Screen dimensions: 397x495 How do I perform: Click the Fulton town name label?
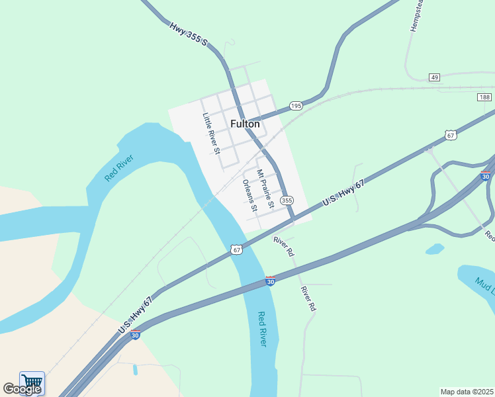(245, 124)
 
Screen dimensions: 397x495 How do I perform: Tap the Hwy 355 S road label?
(189, 35)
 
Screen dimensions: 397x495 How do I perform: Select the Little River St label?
(210, 133)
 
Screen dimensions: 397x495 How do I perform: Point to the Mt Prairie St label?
(265, 191)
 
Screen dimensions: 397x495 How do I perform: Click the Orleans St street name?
(250, 193)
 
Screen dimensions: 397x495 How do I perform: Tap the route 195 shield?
(296, 106)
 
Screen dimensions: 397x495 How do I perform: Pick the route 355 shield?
(287, 200)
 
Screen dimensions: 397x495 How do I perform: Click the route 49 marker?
(434, 77)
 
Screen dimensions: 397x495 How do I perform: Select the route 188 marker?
(484, 97)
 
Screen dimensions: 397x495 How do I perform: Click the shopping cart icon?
(32, 382)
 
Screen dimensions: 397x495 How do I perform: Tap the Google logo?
(22, 389)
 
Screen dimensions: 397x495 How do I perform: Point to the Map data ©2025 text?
(467, 391)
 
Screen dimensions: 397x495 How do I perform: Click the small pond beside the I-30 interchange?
(435, 249)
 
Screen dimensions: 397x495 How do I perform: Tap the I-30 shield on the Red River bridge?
(270, 281)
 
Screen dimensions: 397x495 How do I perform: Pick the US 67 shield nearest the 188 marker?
(451, 135)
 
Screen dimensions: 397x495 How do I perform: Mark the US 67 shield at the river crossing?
(237, 249)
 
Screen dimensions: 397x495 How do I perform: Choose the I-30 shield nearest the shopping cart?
(135, 335)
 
